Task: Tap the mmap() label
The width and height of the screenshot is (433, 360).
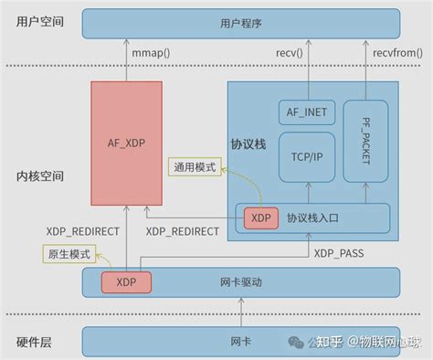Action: (149, 54)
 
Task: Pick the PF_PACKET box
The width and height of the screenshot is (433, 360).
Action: (373, 141)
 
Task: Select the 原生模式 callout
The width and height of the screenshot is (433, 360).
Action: (68, 252)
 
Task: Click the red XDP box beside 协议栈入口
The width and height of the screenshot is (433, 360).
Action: (261, 217)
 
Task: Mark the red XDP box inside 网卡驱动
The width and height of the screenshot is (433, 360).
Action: (121, 282)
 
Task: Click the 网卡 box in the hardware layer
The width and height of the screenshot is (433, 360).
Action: (240, 342)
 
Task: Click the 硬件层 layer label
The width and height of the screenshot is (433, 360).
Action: (34, 342)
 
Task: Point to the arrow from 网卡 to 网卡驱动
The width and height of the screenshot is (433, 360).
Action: (242, 312)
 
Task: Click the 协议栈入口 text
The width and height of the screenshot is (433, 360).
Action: (313, 217)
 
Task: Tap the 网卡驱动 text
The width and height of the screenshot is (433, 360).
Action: (242, 282)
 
